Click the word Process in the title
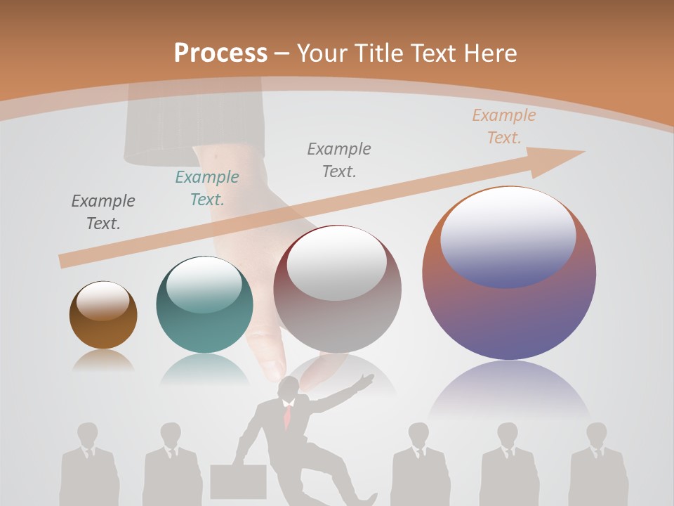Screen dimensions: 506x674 [220, 53]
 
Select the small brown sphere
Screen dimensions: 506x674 [103, 315]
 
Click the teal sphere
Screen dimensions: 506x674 [204, 304]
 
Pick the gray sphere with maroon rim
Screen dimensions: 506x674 [337, 288]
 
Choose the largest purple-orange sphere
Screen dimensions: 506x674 [509, 274]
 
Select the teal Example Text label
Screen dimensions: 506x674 [207, 188]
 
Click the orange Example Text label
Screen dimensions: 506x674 [504, 126]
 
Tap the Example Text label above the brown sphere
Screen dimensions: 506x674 [103, 212]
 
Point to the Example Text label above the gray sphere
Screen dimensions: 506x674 [339, 160]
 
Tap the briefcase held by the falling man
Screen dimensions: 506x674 [238, 481]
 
